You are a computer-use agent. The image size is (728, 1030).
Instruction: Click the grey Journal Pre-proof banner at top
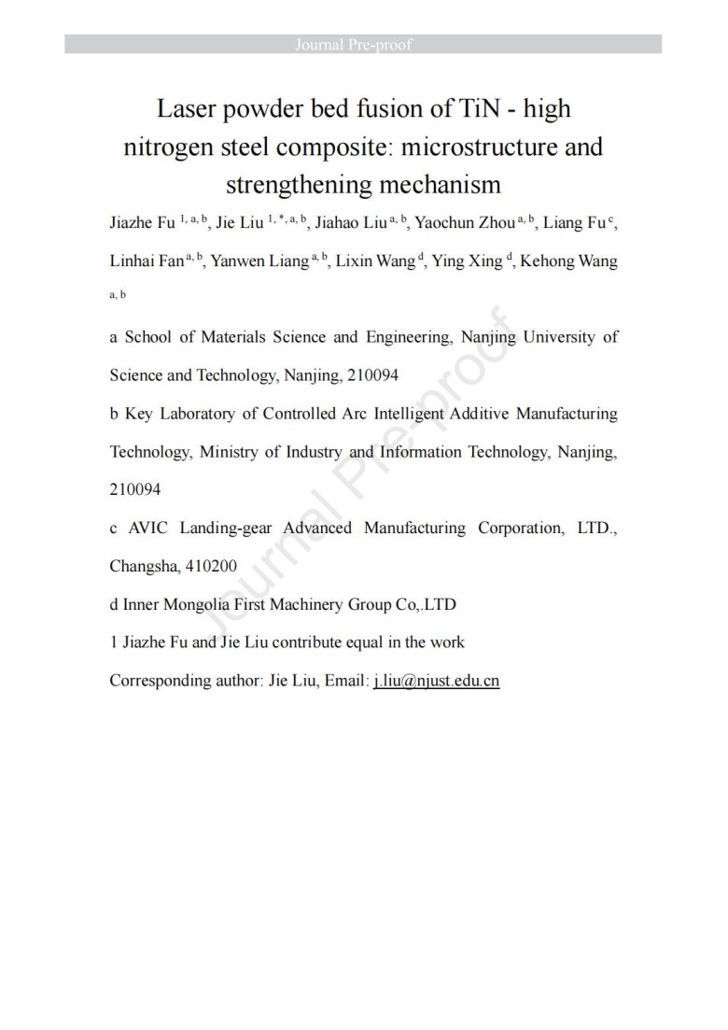tap(363, 44)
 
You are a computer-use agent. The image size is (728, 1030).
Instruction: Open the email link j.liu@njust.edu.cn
tap(436, 681)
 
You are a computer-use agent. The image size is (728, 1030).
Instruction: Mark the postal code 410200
tap(211, 566)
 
